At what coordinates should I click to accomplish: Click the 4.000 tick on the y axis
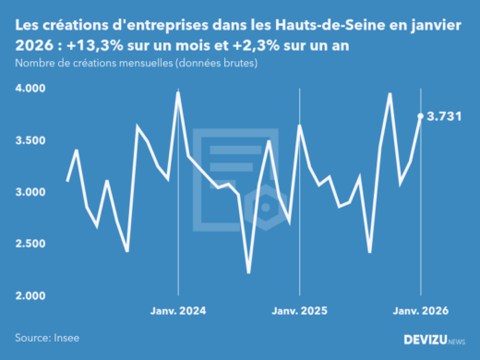[33, 89]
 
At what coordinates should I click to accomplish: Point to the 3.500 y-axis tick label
[33, 140]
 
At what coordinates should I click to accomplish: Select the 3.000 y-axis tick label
[33, 192]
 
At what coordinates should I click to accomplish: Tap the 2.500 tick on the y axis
[33, 244]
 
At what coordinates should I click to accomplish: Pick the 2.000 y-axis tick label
[33, 295]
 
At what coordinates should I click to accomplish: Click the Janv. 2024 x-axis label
[177, 311]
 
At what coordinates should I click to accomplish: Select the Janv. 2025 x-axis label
[299, 311]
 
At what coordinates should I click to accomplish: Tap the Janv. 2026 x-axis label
[421, 311]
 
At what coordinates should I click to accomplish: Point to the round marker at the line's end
[421, 116]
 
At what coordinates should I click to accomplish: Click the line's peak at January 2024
[177, 92]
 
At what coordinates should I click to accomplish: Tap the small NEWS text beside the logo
[455, 342]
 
